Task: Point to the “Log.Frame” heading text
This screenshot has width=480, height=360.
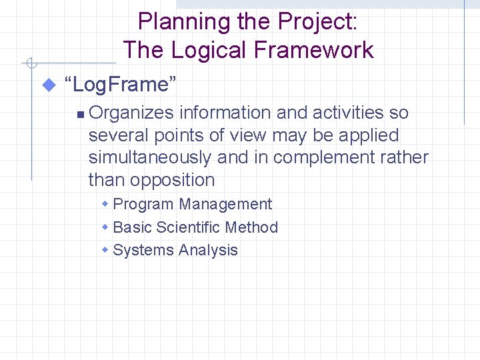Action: [120, 85]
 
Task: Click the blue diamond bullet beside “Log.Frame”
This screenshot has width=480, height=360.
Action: [47, 85]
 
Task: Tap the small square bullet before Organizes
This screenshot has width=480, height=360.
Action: [80, 115]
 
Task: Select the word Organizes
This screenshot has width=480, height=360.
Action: [131, 113]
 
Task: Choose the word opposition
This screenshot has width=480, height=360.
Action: [173, 180]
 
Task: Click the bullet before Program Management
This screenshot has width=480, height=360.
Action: [105, 204]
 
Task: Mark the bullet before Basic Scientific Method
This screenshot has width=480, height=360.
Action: [105, 227]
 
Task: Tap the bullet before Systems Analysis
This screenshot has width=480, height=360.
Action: [105, 249]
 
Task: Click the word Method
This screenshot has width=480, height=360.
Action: [251, 227]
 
